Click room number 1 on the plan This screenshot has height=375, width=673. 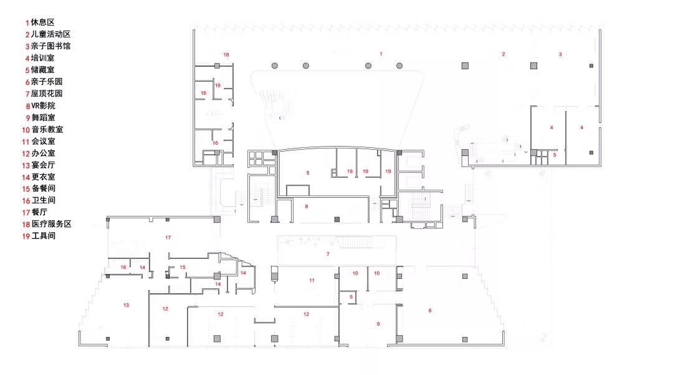click(381, 54)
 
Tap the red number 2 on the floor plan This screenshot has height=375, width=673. click(504, 54)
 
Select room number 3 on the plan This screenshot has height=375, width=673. click(560, 54)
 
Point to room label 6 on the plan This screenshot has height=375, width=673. click(429, 311)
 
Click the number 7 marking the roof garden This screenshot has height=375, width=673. click(328, 255)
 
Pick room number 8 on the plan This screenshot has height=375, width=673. click(307, 207)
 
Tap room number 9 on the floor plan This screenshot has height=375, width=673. click(378, 324)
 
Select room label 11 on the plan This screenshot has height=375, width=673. click(312, 281)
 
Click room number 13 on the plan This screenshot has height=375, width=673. click(126, 305)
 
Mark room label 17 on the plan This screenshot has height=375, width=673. click(168, 238)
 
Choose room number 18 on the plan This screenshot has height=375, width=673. click(226, 55)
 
